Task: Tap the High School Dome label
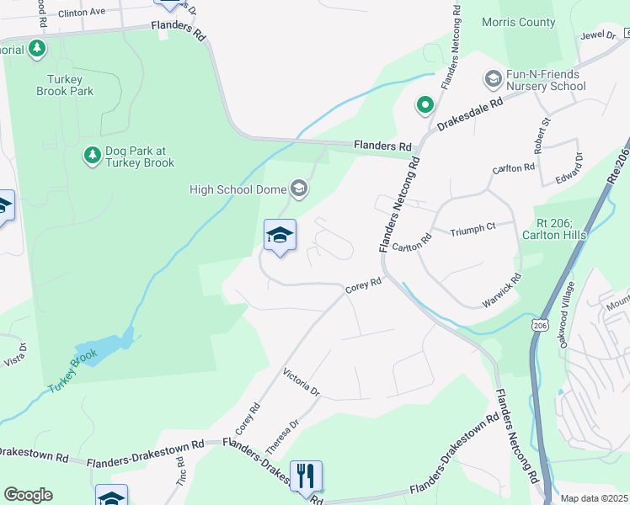pyautogui.click(x=238, y=188)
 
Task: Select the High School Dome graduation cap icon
pyautogui.click(x=298, y=187)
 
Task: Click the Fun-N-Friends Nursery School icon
pyautogui.click(x=493, y=79)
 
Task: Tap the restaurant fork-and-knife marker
pyautogui.click(x=307, y=476)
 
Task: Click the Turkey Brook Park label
pyautogui.click(x=64, y=84)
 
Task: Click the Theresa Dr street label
pyautogui.click(x=284, y=438)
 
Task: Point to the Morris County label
pyautogui.click(x=518, y=22)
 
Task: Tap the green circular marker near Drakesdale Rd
pyautogui.click(x=425, y=105)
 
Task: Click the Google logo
pyautogui.click(x=28, y=495)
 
